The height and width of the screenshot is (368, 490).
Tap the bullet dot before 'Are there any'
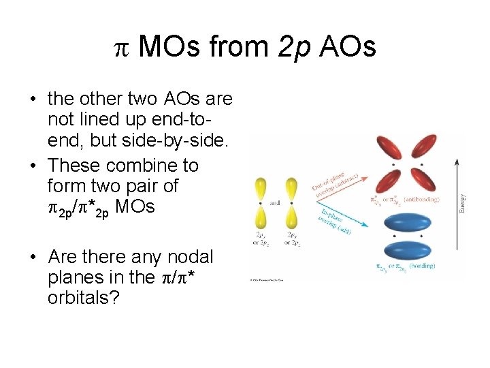(x=33, y=258)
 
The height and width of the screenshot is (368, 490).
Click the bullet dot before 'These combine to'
(x=33, y=166)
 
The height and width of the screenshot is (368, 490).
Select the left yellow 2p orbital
(x=261, y=202)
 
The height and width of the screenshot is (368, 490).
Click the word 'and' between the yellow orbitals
(x=276, y=203)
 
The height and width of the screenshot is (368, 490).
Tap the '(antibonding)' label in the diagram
(x=422, y=200)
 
